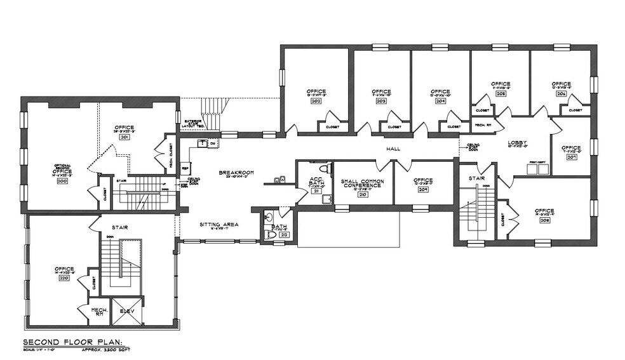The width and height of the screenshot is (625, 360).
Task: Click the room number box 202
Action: click(x=316, y=101)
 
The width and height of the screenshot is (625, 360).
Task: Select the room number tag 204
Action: click(x=441, y=101)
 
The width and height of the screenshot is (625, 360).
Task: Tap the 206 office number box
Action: click(x=561, y=93)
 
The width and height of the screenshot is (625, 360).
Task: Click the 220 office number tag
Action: click(x=64, y=278)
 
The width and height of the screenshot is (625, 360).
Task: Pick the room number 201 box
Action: click(x=124, y=137)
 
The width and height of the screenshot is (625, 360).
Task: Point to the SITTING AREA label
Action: click(x=218, y=225)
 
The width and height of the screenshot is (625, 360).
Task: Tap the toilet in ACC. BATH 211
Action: click(x=323, y=169)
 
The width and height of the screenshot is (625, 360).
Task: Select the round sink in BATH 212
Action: click(x=270, y=215)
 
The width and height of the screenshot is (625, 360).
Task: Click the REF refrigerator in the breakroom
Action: click(x=186, y=169)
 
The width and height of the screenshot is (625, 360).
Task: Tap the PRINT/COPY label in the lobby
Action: click(x=537, y=163)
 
